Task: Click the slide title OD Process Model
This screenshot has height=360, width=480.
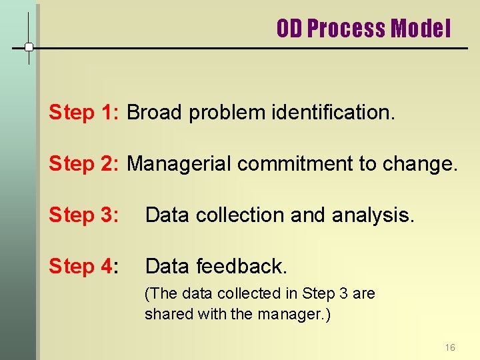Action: (x=363, y=29)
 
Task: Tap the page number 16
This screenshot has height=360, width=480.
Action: (x=450, y=347)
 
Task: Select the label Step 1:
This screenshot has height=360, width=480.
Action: (x=83, y=113)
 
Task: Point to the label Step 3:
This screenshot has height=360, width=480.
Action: (x=83, y=215)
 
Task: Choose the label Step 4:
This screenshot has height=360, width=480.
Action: (x=83, y=267)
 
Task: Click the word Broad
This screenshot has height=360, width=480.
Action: (x=155, y=113)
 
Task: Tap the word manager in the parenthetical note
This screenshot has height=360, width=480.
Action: (x=291, y=314)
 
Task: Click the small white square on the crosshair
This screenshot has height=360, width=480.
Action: (x=29, y=47)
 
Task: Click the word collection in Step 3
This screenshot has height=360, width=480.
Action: (x=237, y=215)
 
